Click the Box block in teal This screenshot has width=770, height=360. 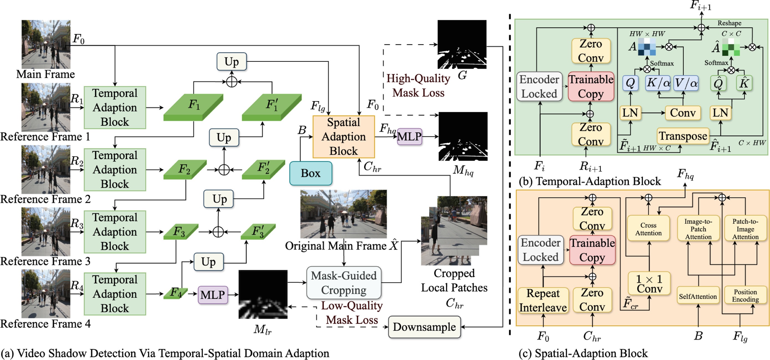[x=310, y=173]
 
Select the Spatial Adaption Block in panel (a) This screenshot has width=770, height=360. [x=343, y=137]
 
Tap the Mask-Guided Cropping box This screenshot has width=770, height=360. [x=344, y=283]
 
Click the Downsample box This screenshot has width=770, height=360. [x=424, y=327]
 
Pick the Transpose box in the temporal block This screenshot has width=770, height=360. [x=683, y=136]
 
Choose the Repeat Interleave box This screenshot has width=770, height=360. [x=543, y=300]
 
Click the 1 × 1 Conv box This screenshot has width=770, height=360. [x=649, y=284]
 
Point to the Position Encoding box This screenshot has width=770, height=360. [x=745, y=295]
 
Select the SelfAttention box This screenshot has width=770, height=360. [x=698, y=296]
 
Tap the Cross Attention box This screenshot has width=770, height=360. [x=648, y=229]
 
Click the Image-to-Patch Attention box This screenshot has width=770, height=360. [x=698, y=229]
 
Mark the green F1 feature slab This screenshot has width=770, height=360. [x=193, y=107]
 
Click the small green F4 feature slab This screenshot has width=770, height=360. [x=175, y=293]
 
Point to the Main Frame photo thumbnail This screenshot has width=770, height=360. [x=46, y=44]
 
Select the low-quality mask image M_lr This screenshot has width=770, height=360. [x=263, y=294]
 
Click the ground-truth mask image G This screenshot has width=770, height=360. [x=462, y=44]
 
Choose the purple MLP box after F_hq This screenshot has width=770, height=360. [x=409, y=137]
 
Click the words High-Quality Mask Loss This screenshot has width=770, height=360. [x=418, y=86]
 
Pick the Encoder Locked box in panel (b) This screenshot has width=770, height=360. [x=539, y=86]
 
